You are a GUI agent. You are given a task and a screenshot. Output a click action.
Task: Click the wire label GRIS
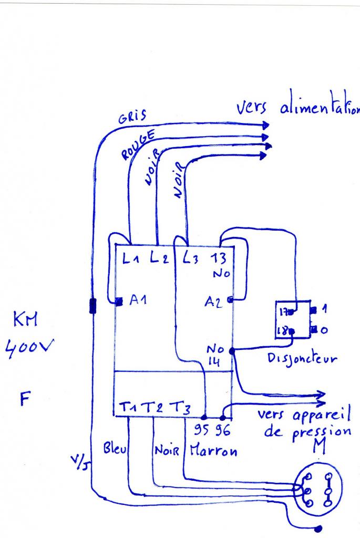point(133,117)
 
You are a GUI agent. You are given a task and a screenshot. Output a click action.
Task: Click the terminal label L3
point(190,258)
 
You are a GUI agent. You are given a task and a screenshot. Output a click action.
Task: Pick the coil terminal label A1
point(137,301)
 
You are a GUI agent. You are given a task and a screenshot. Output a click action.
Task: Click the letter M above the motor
point(317,448)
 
